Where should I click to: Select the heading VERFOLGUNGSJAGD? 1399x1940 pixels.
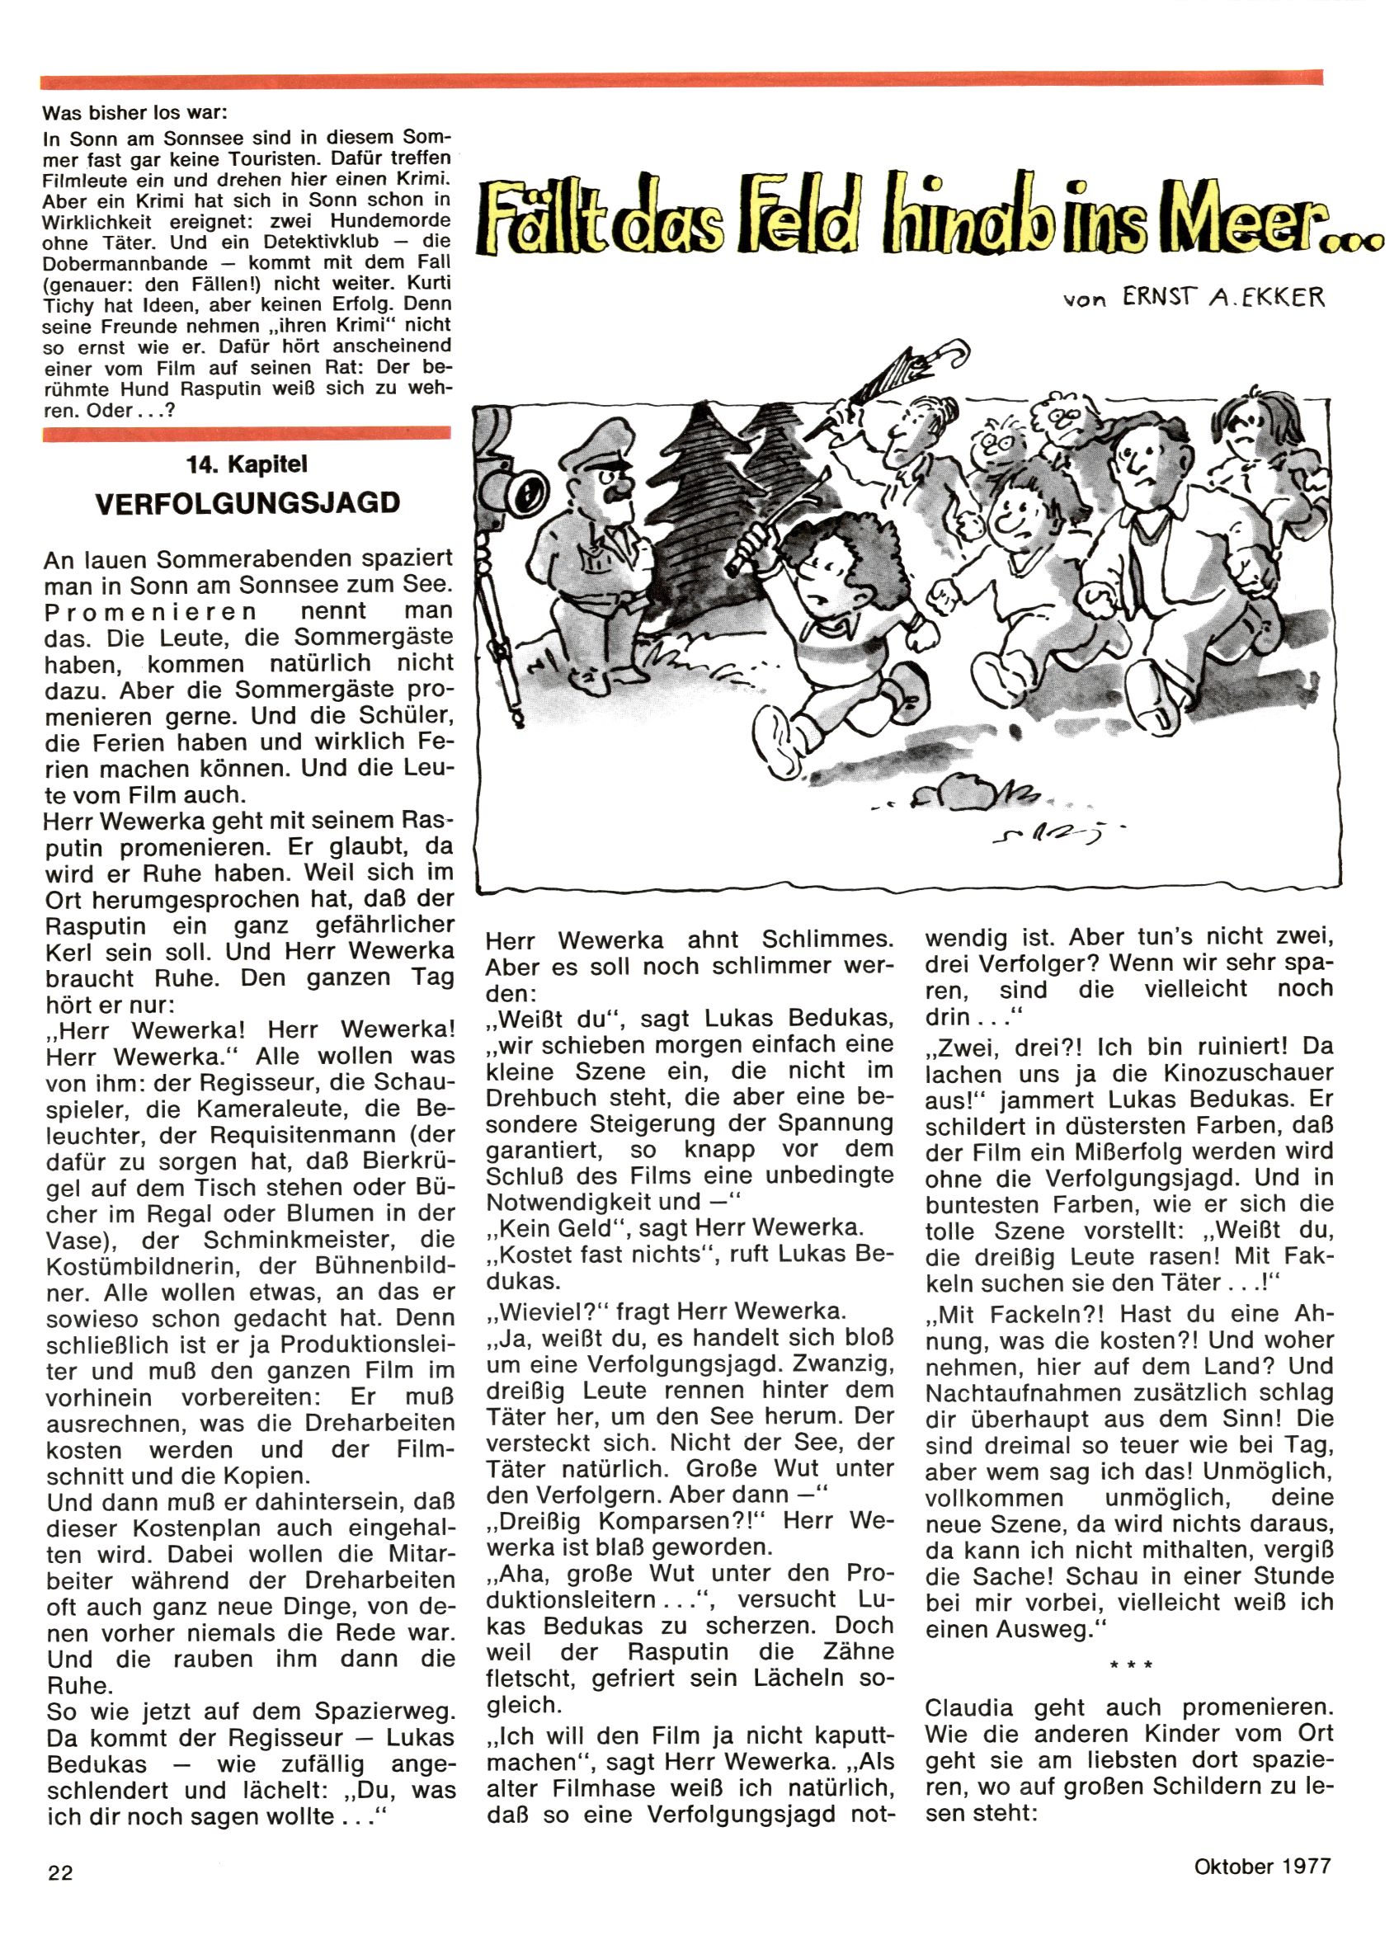tap(247, 502)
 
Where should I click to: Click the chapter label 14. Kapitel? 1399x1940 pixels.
tap(247, 464)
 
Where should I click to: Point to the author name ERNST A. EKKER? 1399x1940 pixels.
tap(1225, 297)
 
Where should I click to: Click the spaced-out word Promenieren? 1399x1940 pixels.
tap(151, 611)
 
